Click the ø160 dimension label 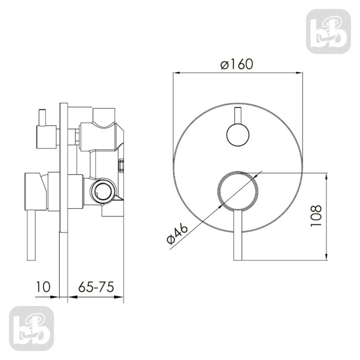pos(237,64)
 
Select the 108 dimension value pos(316,216)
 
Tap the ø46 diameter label pos(177,233)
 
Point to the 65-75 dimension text pos(96,287)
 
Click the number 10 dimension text pos(43,287)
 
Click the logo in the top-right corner pos(328,31)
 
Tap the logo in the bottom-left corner pos(31,329)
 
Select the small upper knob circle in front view pos(238,135)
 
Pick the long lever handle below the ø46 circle pos(238,235)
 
